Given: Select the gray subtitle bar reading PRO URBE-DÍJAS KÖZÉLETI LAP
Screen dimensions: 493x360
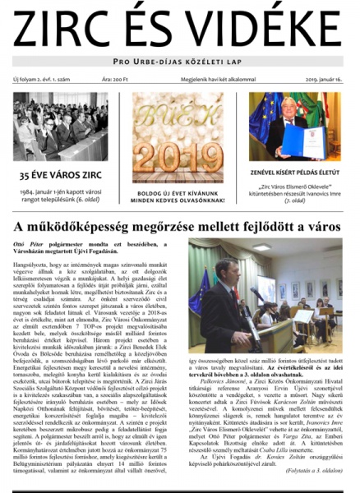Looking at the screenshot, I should point(180,62).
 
